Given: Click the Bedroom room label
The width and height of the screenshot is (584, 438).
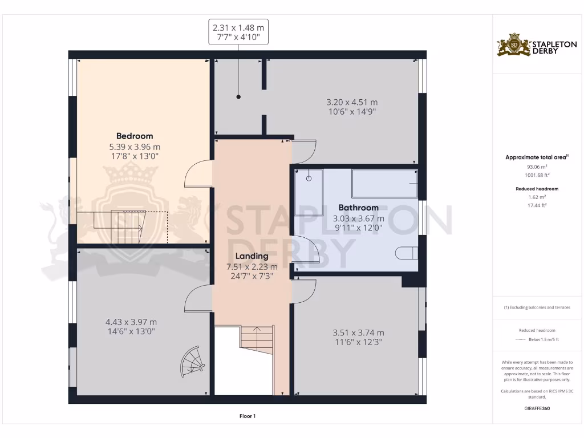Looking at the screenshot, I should [x=135, y=136].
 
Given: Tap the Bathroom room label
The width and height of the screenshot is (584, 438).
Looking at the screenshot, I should [x=358, y=208].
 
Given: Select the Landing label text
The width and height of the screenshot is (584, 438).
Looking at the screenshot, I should [x=252, y=256].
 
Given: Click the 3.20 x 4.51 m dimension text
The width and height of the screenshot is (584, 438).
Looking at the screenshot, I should [x=352, y=103].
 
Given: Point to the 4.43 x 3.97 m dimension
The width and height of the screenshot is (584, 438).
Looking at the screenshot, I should [x=131, y=322].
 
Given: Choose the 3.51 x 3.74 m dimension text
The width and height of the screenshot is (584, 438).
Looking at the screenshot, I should [x=358, y=332].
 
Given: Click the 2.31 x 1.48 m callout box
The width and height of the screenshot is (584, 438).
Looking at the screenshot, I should [x=238, y=32].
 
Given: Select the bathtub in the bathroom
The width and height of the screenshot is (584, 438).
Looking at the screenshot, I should [x=384, y=183].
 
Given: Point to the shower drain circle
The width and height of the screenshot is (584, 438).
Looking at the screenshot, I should [x=309, y=178].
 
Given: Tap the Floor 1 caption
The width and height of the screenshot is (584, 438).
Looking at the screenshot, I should [x=247, y=416].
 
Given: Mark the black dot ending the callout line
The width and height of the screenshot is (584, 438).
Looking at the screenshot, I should [x=238, y=97].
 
